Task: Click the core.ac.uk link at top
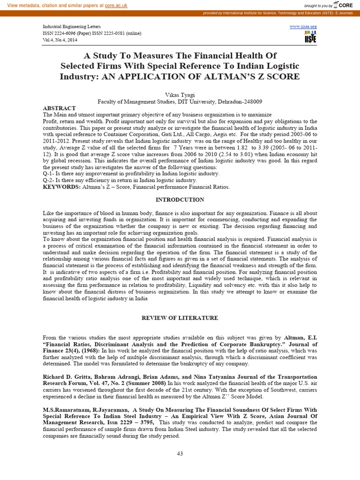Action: pyautogui.click(x=116, y=5)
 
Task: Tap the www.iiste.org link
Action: pyautogui.click(x=303, y=27)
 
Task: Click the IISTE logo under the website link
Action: pyautogui.click(x=310, y=37)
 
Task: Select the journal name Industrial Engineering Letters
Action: pyautogui.click(x=72, y=27)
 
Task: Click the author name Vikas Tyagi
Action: pyautogui.click(x=180, y=94)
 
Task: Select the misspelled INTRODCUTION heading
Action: pyautogui.click(x=180, y=200)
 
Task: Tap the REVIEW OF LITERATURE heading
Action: pyautogui.click(x=180, y=318)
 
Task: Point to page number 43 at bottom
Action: pyautogui.click(x=180, y=453)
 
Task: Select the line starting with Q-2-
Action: pyautogui.click(x=120, y=180)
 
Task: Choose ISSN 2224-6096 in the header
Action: pyautogui.click(x=66, y=33)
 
